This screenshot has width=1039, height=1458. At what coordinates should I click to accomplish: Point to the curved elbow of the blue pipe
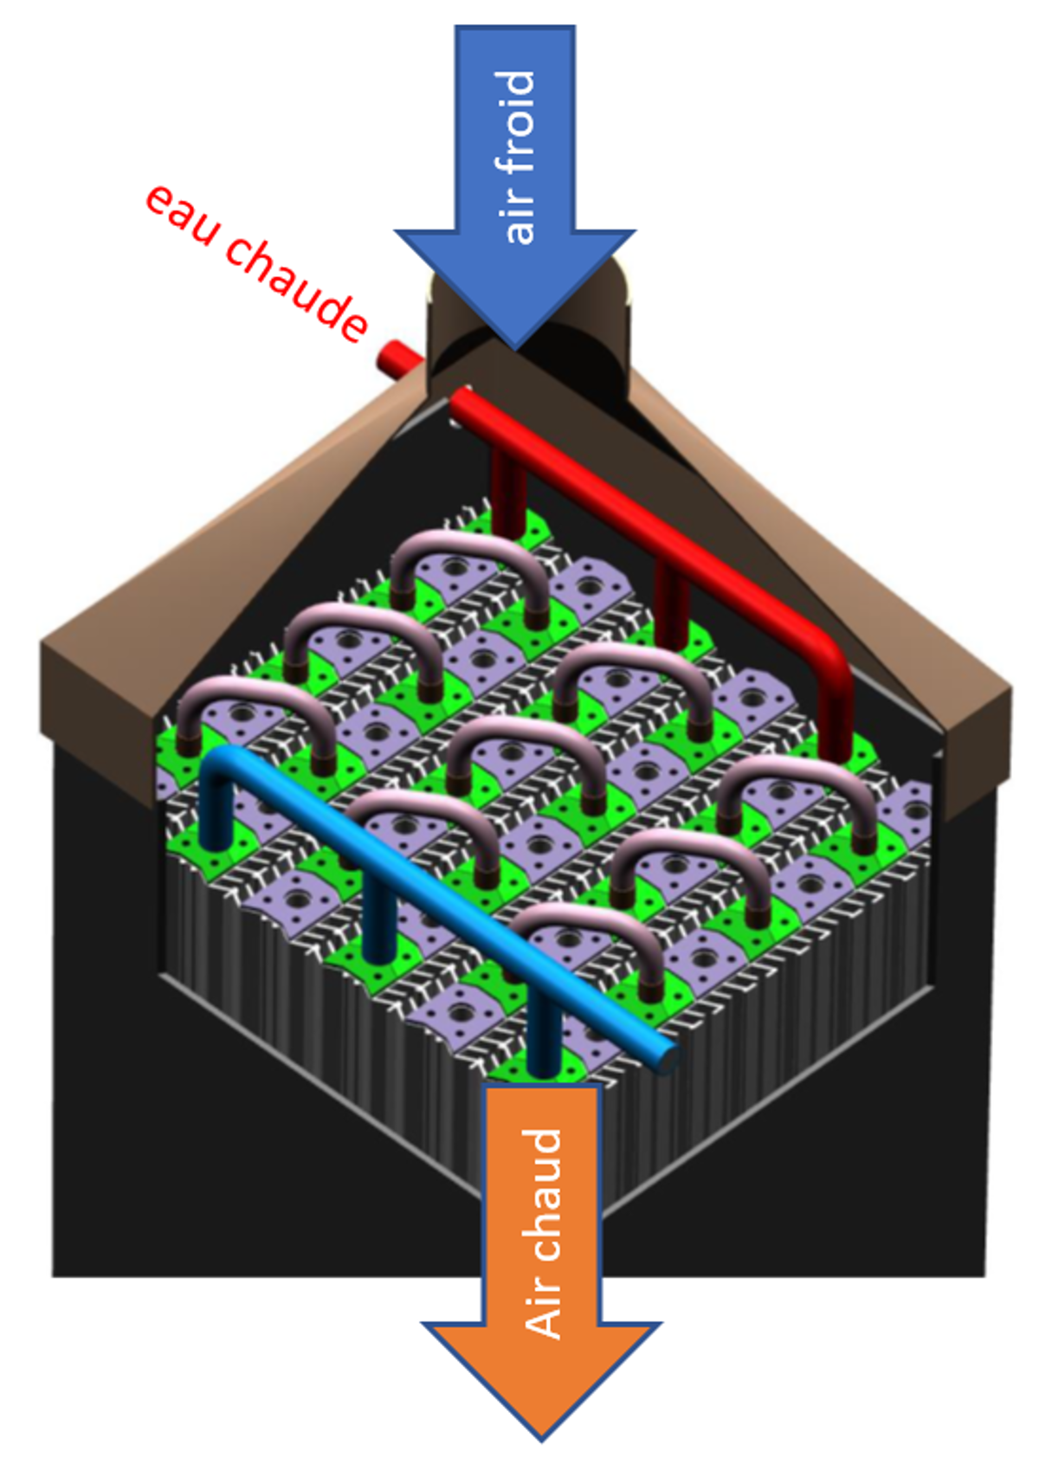pos(222,762)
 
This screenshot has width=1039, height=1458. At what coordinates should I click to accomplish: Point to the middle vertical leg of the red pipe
pos(671,597)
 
